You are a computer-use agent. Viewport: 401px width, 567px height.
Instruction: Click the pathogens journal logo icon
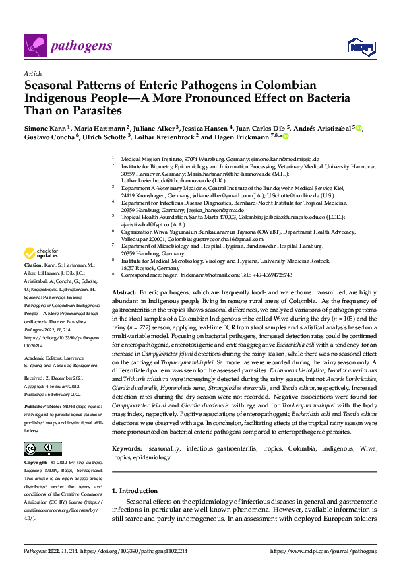pyautogui.click(x=35, y=45)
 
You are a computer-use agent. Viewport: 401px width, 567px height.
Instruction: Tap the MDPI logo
pyautogui.click(x=361, y=46)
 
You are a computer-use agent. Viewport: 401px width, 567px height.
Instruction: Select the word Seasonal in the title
pyautogui.click(x=51, y=86)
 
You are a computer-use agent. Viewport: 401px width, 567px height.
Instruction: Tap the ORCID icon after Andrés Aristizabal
pyautogui.click(x=359, y=127)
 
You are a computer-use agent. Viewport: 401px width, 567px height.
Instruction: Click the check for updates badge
pyautogui.click(x=41, y=253)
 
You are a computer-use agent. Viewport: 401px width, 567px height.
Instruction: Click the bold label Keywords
pyautogui.click(x=128, y=448)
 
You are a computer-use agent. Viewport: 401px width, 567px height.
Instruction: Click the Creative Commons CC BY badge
pyautogui.click(x=43, y=449)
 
